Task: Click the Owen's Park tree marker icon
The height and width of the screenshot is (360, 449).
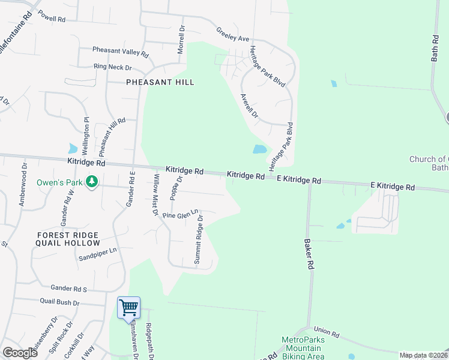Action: coord(92,181)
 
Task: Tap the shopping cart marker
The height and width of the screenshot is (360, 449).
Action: coord(129,308)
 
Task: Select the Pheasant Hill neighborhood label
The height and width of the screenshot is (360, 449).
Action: coord(160,82)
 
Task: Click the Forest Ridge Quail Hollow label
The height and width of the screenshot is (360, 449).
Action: coord(68,239)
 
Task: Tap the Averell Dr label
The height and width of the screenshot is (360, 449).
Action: coord(249,105)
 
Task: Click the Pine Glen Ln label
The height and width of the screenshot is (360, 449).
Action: coord(180,214)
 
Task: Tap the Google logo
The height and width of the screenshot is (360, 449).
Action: coord(20,353)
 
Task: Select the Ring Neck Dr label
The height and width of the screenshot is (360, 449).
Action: coord(112,67)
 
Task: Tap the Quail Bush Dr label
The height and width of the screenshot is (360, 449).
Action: coord(59,302)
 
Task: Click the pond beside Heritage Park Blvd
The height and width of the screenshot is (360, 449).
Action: coord(260,149)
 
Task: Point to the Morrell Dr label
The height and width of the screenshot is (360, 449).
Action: coord(181,40)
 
